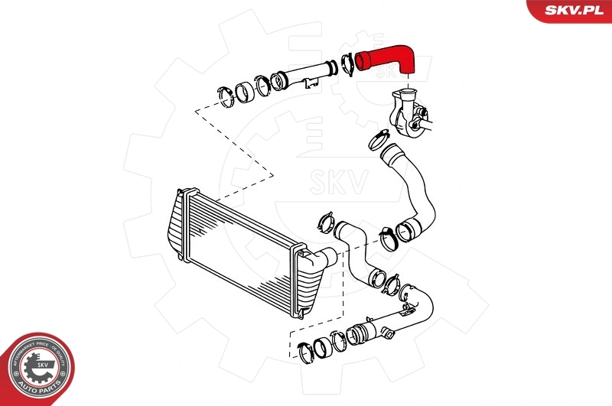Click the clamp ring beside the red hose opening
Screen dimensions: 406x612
coord(346,61)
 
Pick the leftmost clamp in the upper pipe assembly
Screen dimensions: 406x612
coord(225,96)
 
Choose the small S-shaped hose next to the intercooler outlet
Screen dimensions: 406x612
coord(356,248)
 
